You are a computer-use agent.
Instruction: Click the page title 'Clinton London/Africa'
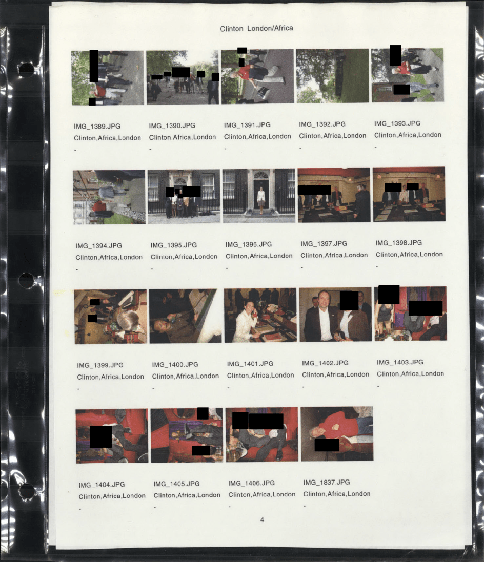point(256,28)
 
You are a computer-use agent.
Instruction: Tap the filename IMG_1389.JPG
point(97,127)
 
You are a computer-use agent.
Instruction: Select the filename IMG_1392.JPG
point(322,124)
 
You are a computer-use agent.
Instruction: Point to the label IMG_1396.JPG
point(249,244)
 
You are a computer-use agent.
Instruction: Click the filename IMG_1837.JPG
point(326,482)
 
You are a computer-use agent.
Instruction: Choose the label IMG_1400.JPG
point(175,364)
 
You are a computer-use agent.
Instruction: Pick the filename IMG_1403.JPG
point(400,362)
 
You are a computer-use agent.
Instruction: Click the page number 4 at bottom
point(262,519)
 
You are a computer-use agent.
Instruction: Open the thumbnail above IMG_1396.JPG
point(259,196)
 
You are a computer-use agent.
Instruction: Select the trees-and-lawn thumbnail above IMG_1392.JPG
point(332,76)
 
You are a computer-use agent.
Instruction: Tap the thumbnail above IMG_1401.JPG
point(260,315)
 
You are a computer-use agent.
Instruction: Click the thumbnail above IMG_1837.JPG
point(337,434)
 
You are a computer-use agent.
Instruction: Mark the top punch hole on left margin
point(26,70)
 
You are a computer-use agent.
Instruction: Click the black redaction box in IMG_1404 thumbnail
point(100,436)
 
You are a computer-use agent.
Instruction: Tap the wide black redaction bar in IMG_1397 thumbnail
point(314,190)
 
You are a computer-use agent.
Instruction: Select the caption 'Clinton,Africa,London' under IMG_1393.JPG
point(408,135)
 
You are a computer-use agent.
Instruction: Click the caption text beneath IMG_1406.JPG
point(262,494)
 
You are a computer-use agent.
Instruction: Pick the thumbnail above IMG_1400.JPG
point(186,316)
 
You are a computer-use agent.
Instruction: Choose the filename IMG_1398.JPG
point(399,243)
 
